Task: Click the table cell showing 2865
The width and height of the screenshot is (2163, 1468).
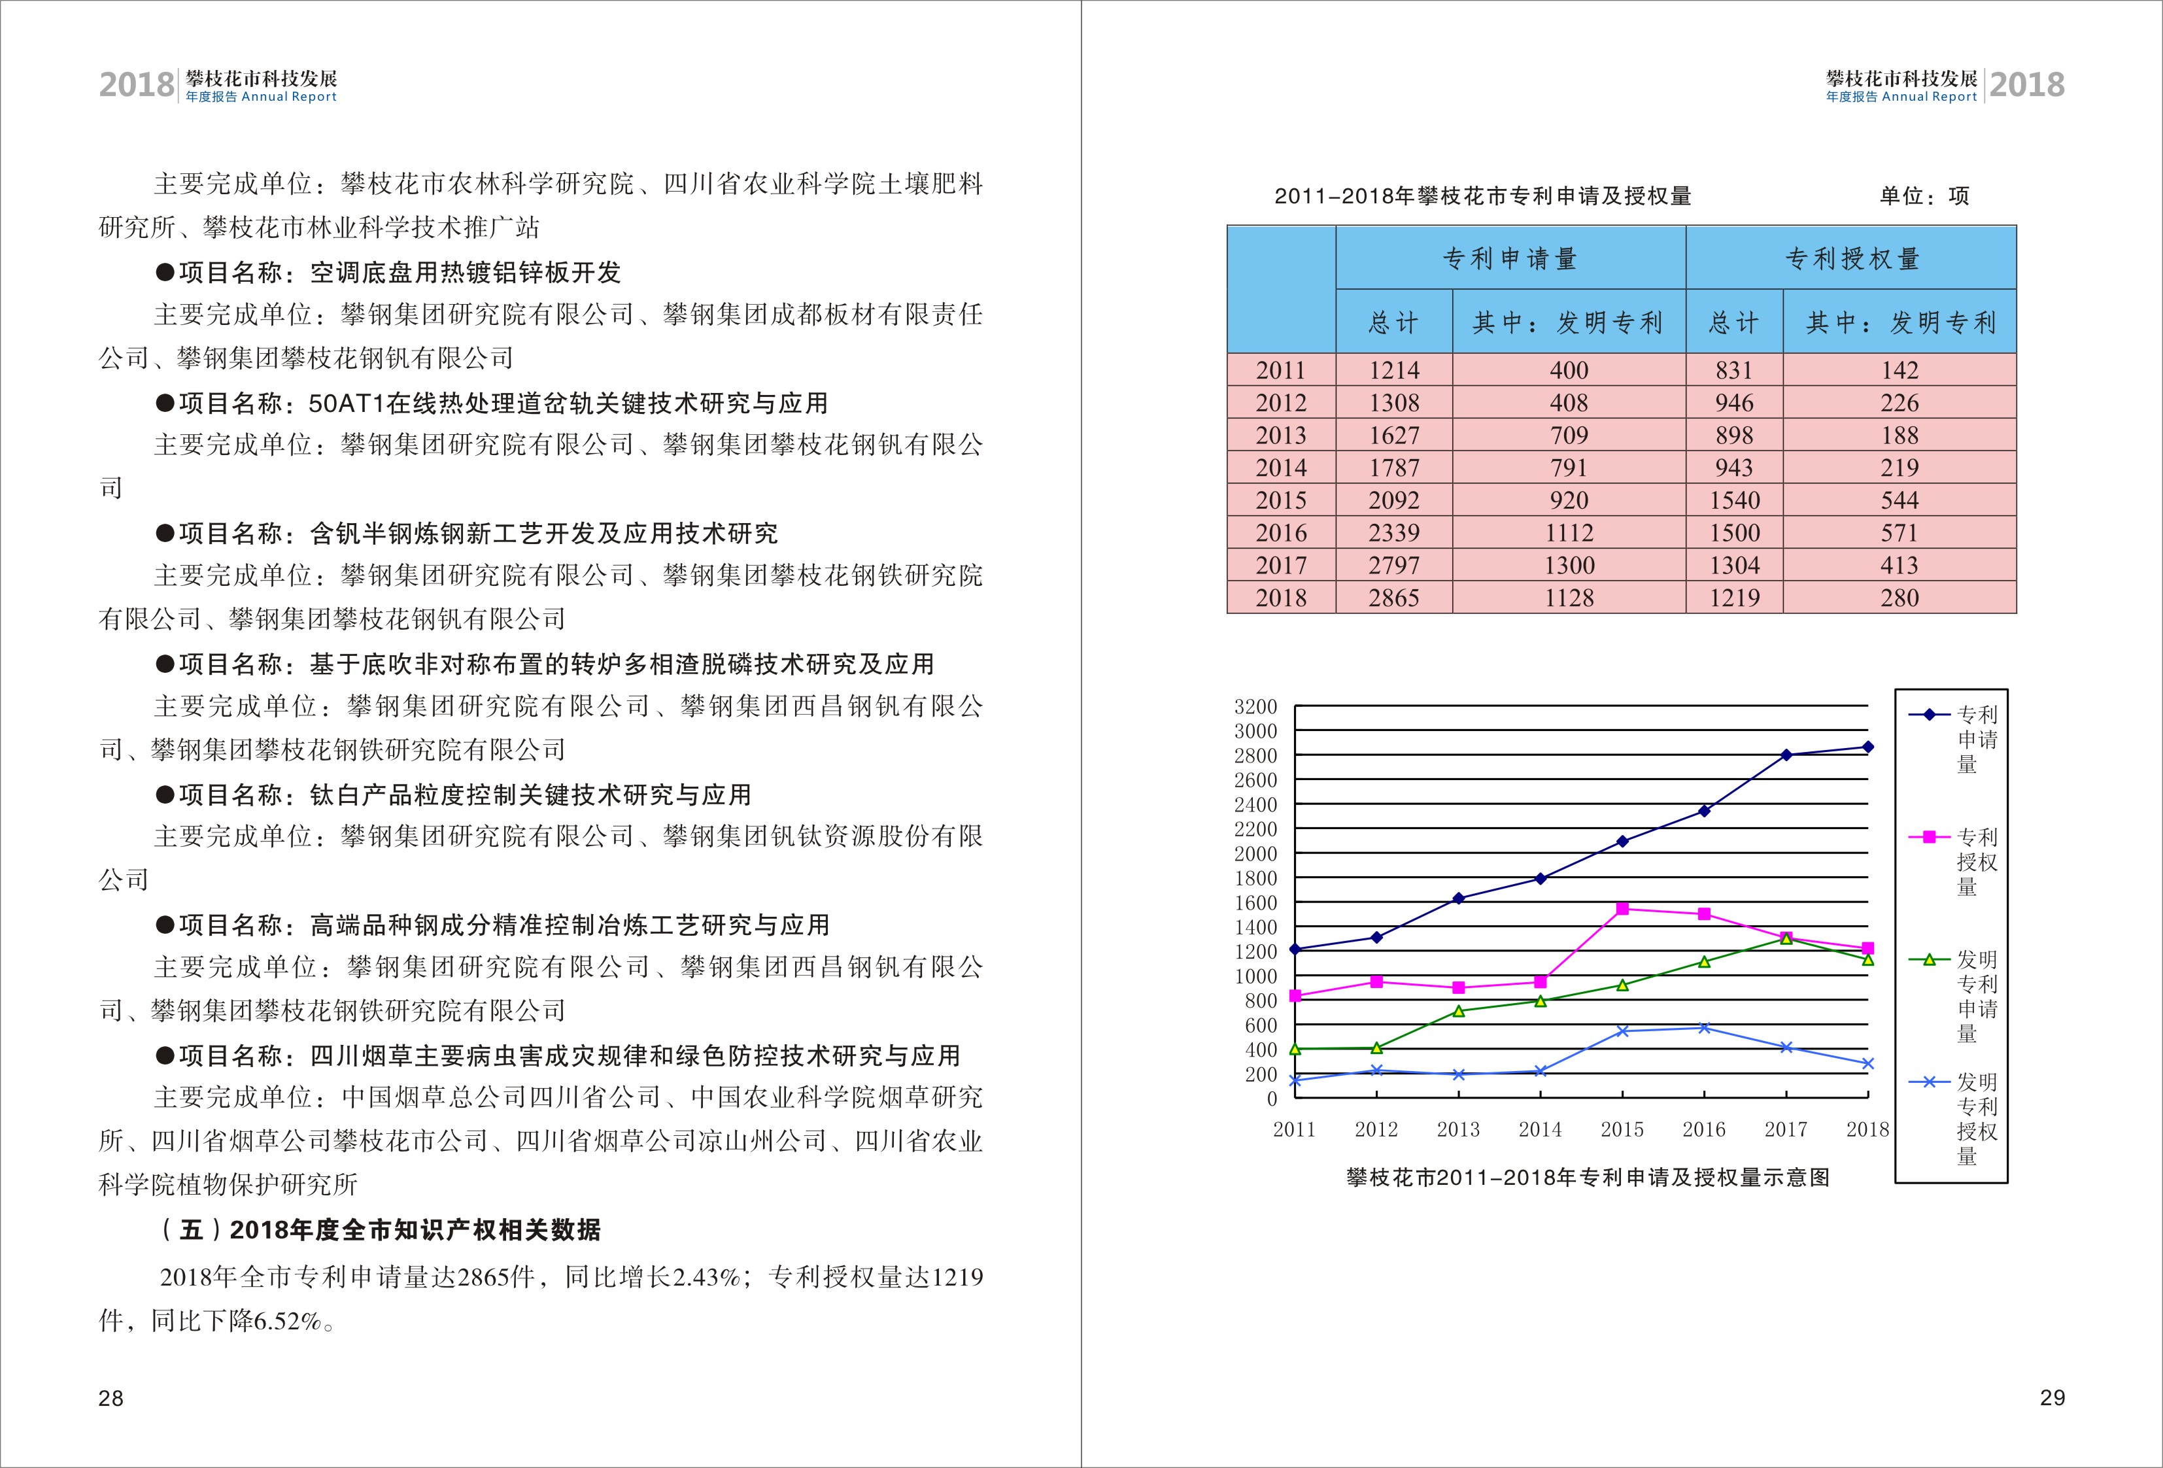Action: click(1393, 598)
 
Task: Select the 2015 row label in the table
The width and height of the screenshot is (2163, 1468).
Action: click(1281, 500)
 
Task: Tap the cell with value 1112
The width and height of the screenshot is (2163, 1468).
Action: click(1569, 532)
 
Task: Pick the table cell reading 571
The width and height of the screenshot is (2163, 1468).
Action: click(1899, 532)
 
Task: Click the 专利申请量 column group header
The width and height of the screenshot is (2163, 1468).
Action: click(1510, 259)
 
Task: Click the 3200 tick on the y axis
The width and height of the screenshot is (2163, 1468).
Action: click(1255, 707)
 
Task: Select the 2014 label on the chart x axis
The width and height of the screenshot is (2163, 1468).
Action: click(1541, 1129)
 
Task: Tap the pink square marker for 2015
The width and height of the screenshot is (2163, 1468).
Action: click(1622, 908)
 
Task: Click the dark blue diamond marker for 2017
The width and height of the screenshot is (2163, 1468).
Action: click(1786, 755)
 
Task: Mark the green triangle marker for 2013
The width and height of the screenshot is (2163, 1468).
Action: click(1458, 1011)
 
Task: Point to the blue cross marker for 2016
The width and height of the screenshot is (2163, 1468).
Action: click(1704, 1028)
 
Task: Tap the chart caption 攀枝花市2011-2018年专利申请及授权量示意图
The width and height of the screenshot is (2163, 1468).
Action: click(1588, 1178)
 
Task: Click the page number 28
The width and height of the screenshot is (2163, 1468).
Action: click(111, 1398)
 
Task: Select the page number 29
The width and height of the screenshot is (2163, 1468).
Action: click(2052, 1397)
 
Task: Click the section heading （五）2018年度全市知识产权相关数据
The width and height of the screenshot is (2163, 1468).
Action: click(381, 1230)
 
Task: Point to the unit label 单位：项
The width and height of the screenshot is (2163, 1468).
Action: click(1924, 196)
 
